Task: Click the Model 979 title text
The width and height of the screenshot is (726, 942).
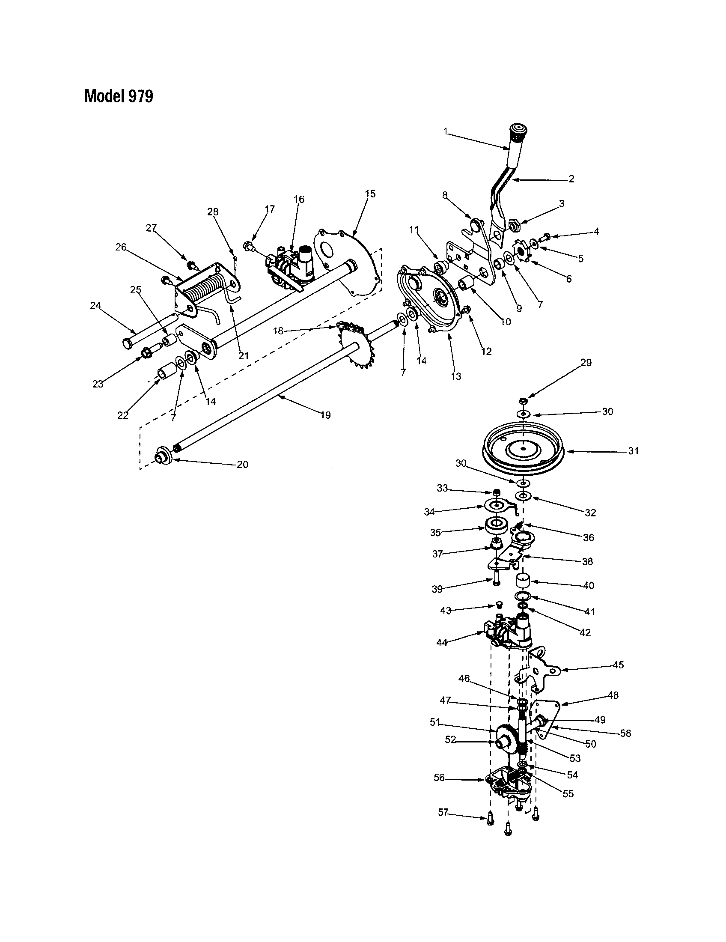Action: coord(119,96)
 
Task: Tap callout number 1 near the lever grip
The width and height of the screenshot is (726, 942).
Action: coord(446,131)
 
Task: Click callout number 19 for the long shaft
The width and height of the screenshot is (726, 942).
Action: coord(325,415)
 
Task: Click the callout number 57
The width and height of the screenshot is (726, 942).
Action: coord(443,813)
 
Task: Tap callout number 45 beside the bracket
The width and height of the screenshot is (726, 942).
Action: coord(618,665)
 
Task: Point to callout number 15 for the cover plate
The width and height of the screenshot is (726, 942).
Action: coord(370,194)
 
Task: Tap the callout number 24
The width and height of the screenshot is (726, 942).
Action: coord(95,306)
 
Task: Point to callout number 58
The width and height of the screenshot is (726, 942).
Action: coord(625,733)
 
